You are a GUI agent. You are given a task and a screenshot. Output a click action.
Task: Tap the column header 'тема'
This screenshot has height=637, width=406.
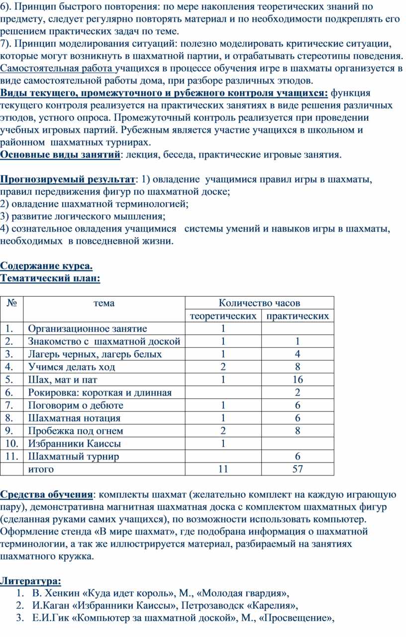(x=103, y=303)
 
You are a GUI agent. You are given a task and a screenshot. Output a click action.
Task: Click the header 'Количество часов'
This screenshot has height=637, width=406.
(x=259, y=303)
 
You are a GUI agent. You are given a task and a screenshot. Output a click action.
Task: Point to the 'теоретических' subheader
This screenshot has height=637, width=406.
(x=223, y=316)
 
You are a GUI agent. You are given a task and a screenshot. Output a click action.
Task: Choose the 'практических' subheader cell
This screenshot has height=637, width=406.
(x=298, y=316)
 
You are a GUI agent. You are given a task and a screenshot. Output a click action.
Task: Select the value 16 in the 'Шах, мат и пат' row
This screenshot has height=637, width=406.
(x=298, y=380)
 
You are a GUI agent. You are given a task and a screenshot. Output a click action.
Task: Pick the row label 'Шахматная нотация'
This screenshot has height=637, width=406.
(x=74, y=418)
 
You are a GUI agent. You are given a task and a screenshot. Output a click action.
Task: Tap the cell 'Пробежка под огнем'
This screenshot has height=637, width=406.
(x=76, y=431)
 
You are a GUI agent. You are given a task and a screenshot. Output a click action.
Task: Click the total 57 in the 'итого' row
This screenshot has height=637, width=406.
(x=298, y=469)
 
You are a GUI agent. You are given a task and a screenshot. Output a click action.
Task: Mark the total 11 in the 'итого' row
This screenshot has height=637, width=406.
(x=223, y=469)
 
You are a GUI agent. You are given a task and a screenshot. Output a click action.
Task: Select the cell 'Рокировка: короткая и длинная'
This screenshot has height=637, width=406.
(x=100, y=393)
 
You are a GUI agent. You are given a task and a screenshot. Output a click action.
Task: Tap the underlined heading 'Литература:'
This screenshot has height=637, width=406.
(x=31, y=580)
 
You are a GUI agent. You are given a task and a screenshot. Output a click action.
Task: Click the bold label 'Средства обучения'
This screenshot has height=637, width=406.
(x=46, y=494)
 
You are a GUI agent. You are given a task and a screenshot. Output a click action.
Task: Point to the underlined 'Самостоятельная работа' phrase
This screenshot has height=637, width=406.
(x=57, y=68)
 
